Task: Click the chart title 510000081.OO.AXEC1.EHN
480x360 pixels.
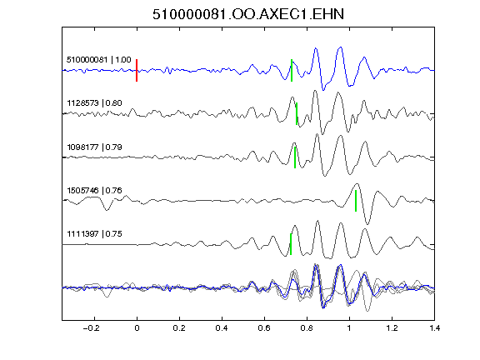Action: coord(248,14)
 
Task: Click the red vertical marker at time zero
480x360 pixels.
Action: coord(137,70)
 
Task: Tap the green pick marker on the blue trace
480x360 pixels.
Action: coord(292,70)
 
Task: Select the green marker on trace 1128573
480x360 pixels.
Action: coord(297,113)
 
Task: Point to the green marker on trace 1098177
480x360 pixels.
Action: coord(295,157)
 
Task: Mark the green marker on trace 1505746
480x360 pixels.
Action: coord(356,201)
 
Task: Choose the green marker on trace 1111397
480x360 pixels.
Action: coord(291,244)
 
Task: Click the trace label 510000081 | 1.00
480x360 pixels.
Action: coord(99,59)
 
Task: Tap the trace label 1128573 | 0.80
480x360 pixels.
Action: coord(94,102)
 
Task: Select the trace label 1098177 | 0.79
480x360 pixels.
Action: coord(94,147)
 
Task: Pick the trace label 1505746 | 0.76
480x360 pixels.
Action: coord(94,190)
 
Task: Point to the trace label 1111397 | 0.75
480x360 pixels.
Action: coord(94,234)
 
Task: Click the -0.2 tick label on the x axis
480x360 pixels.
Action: coord(92,328)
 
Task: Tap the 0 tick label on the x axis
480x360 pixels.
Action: coord(137,328)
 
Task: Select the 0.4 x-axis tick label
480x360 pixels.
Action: coord(222,328)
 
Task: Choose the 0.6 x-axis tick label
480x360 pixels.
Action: coord(264,328)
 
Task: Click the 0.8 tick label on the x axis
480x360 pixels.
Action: coord(307,328)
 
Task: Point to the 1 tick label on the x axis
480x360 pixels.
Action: coord(349,328)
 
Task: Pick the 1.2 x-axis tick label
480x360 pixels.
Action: coord(392,328)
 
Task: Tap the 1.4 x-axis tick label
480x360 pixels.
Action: coord(434,328)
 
